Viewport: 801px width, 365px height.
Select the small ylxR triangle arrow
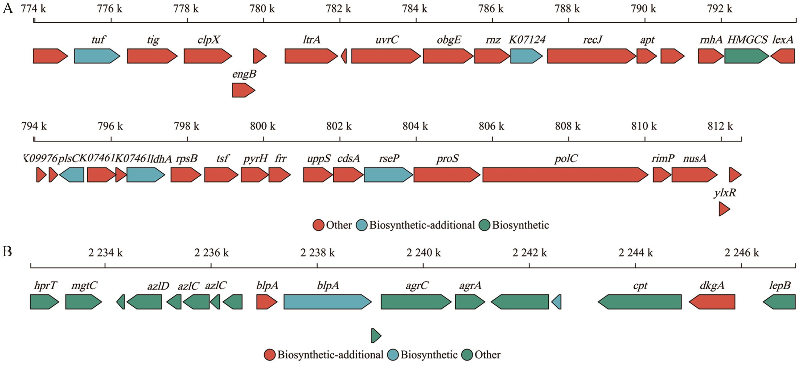(724, 209)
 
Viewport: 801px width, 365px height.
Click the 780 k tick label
(262, 9)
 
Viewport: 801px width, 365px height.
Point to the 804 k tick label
(415, 126)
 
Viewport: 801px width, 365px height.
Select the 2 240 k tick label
(424, 253)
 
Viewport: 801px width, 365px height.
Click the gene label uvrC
(387, 40)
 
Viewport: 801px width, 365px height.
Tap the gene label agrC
(417, 286)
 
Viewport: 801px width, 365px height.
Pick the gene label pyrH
(255, 159)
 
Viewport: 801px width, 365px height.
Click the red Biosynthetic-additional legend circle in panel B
(270, 355)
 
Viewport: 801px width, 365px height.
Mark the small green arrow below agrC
(376, 336)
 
